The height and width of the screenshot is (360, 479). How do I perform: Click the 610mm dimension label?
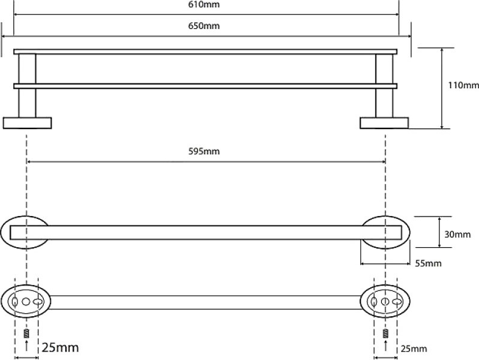click(204, 5)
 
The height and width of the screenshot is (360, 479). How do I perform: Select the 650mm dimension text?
click(204, 26)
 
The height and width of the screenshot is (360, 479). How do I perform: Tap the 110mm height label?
click(463, 85)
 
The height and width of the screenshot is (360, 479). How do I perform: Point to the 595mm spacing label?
click(204, 151)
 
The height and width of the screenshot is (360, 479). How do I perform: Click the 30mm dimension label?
click(457, 235)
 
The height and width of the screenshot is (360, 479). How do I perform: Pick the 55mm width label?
click(428, 263)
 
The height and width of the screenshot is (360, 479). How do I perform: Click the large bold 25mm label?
click(60, 347)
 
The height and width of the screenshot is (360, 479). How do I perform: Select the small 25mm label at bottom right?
click(414, 349)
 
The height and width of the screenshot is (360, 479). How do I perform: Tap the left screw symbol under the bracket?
click(26, 333)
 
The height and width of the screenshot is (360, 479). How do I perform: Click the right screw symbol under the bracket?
click(385, 333)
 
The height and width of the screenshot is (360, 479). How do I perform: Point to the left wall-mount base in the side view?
click(27, 123)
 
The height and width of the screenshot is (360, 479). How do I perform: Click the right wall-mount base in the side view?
click(384, 123)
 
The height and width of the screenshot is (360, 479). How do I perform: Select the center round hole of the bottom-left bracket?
click(26, 302)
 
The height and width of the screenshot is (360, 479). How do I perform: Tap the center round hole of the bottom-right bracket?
click(385, 302)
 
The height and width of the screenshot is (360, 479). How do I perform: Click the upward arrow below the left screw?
click(26, 345)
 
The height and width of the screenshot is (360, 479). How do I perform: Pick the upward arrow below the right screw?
click(385, 345)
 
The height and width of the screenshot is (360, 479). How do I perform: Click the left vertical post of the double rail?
click(27, 86)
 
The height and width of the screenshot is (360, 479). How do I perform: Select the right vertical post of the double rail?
click(384, 86)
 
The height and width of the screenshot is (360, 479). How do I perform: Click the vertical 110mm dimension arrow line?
click(442, 88)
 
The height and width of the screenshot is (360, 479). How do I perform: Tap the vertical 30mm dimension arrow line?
click(439, 232)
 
